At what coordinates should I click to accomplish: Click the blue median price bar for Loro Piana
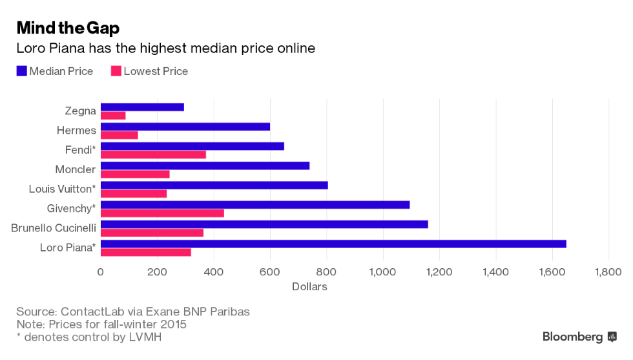333,244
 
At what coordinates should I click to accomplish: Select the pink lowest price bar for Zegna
113,116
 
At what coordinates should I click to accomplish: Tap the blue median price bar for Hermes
185,127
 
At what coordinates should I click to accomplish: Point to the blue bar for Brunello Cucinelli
264,224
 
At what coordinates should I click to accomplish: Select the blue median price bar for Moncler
205,165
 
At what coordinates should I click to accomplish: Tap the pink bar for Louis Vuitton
134,194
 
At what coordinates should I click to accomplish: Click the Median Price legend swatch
21,72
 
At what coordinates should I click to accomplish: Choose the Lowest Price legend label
156,72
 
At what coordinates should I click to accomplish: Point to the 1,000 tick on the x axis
383,272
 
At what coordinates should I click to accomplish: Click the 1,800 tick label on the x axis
608,272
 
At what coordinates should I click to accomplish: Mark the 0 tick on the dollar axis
101,272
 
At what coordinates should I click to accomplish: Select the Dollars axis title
309,286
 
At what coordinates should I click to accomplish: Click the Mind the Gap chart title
68,28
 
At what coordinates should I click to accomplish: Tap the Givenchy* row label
71,209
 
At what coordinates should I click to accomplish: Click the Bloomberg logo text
572,337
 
